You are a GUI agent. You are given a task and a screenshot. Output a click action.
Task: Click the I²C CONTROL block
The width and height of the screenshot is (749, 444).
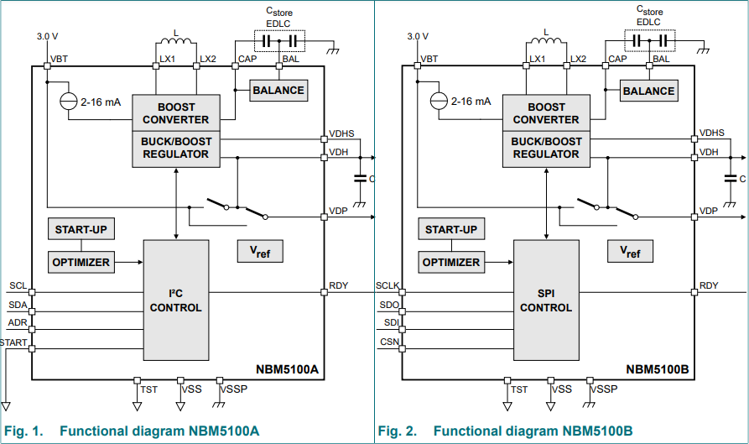tap(175, 300)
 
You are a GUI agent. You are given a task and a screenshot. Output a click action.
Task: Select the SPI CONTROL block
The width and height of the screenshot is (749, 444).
tap(546, 300)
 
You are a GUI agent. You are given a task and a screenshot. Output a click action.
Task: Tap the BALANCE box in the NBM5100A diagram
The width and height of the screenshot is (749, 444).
tap(278, 91)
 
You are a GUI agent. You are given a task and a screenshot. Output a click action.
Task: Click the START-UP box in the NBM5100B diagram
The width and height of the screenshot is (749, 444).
tap(450, 230)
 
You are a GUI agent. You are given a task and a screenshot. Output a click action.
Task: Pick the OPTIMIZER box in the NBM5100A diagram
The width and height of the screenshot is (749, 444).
tap(81, 262)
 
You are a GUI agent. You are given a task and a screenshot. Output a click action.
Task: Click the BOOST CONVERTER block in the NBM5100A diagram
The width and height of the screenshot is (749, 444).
tap(175, 113)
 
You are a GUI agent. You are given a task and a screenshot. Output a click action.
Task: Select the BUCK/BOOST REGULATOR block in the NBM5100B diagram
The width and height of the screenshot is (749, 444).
tap(546, 148)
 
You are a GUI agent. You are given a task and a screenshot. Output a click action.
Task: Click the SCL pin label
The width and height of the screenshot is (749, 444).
tap(18, 285)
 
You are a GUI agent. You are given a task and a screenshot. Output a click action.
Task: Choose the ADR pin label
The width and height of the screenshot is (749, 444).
tap(18, 322)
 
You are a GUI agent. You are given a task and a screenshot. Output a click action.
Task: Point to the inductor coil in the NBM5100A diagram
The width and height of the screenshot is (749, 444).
tap(175, 40)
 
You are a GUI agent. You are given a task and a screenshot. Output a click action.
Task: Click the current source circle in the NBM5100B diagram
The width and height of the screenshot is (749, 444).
tap(438, 101)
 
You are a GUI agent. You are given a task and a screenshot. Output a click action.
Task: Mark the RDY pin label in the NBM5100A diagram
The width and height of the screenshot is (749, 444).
tap(338, 286)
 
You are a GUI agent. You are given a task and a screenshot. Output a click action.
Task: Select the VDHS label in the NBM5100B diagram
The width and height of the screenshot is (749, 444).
tap(712, 133)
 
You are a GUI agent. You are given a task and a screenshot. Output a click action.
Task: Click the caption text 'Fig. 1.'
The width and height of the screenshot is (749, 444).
tap(23, 431)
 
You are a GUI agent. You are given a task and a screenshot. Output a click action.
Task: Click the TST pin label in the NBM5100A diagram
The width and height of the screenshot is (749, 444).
tap(149, 389)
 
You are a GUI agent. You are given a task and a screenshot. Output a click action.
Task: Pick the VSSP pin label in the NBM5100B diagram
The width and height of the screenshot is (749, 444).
tap(604, 389)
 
